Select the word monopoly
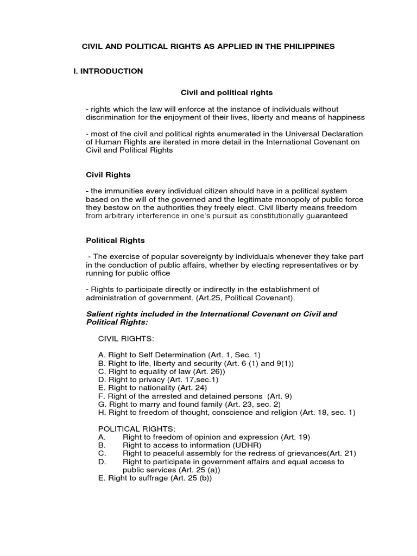click(282, 199)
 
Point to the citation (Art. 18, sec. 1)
click(327, 412)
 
